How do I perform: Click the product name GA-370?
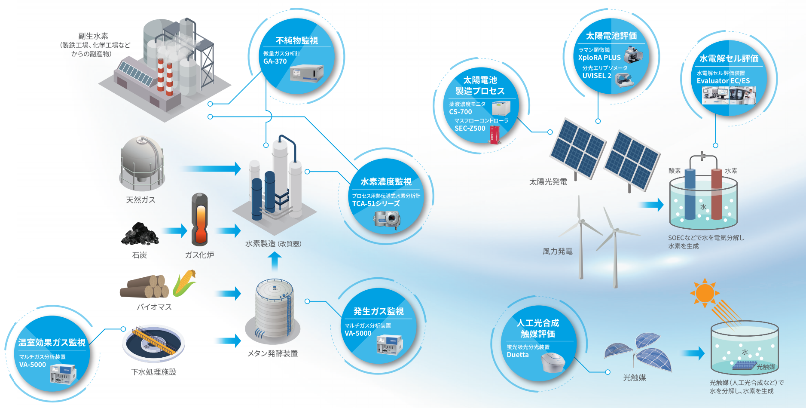click(x=275, y=61)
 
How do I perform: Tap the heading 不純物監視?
click(x=296, y=40)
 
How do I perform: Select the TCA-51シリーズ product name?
click(x=376, y=204)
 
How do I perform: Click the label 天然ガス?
click(x=140, y=199)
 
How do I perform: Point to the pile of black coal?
click(x=140, y=234)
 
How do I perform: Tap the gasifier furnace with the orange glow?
click(x=199, y=220)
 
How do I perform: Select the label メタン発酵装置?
click(x=272, y=353)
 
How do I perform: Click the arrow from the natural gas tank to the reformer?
click(x=211, y=169)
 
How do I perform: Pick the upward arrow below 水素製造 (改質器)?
click(x=275, y=261)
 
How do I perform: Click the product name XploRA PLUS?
click(x=599, y=58)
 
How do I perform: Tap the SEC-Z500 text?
click(x=470, y=128)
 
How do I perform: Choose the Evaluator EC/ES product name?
click(x=723, y=81)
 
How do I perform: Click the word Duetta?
click(x=518, y=355)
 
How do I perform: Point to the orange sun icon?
click(x=705, y=293)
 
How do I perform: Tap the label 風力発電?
click(x=557, y=252)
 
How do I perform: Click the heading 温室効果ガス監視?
click(x=52, y=342)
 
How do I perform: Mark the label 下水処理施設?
click(x=154, y=372)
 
